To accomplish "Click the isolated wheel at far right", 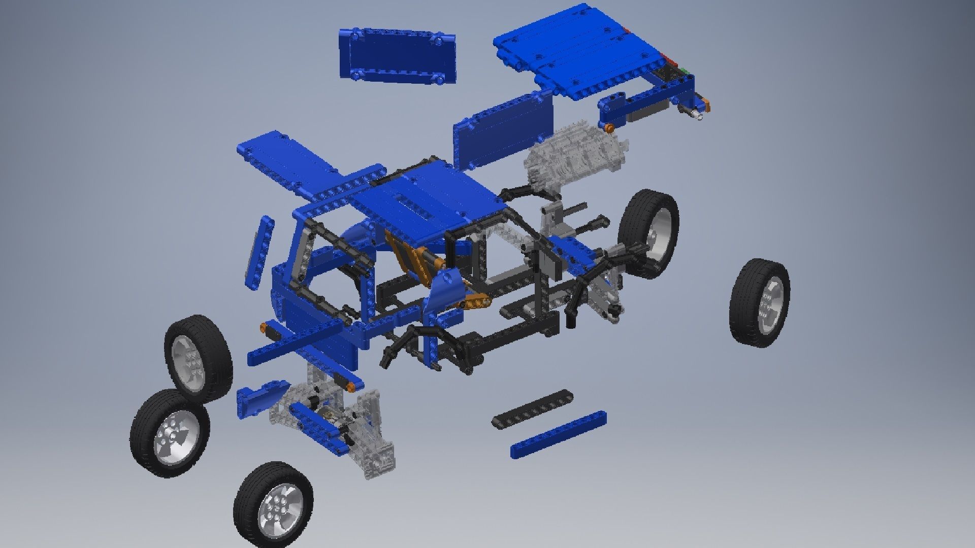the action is coord(759,303).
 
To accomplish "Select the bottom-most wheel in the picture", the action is coord(273,505).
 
